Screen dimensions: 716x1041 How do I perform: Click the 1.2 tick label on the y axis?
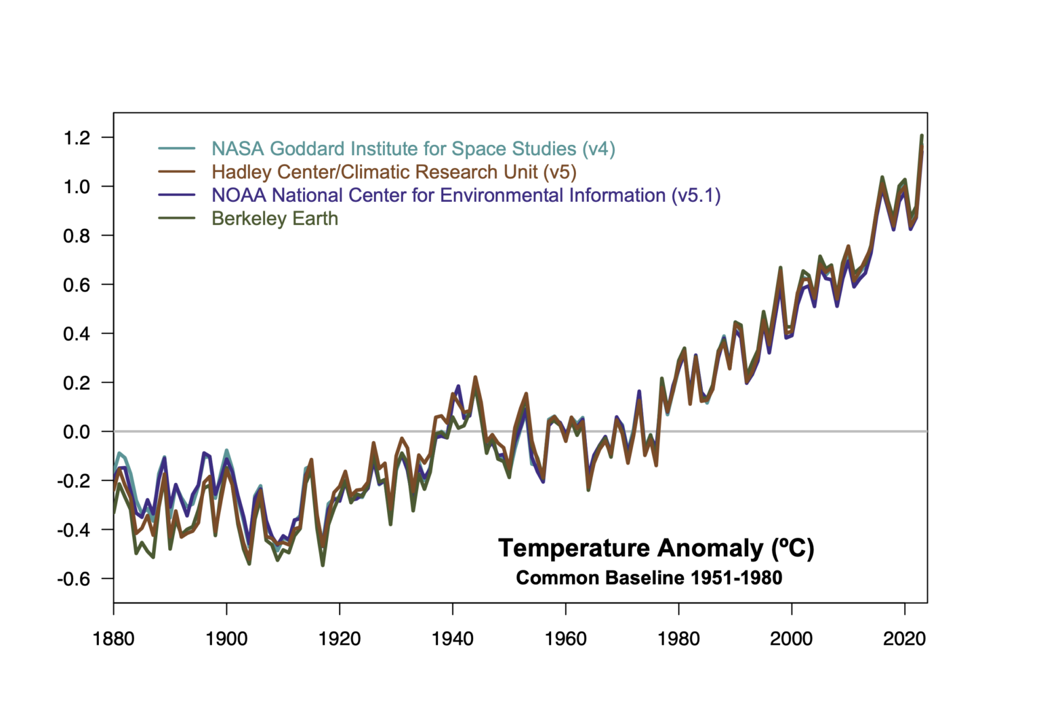click(x=77, y=138)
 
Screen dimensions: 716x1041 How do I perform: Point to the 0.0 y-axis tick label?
click(x=77, y=432)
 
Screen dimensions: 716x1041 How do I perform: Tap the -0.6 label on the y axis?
click(x=73, y=579)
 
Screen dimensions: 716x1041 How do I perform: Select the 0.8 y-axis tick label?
click(x=77, y=236)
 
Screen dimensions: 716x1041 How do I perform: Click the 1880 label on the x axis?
click(x=114, y=639)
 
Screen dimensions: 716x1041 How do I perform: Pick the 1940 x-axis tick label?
click(x=453, y=639)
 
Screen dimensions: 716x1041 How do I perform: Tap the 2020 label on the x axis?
click(x=905, y=639)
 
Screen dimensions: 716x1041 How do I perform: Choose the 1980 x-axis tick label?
click(x=678, y=639)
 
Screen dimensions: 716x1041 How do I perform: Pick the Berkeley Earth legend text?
click(x=274, y=219)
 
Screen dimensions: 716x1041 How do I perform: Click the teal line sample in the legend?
click(x=177, y=148)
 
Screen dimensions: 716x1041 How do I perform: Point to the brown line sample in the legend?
click(x=177, y=172)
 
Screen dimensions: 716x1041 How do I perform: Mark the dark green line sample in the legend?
click(x=177, y=218)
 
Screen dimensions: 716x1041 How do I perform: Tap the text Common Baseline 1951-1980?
click(x=649, y=578)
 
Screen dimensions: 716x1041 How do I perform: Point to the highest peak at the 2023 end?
click(x=922, y=136)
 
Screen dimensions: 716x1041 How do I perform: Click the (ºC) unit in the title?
click(x=792, y=548)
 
